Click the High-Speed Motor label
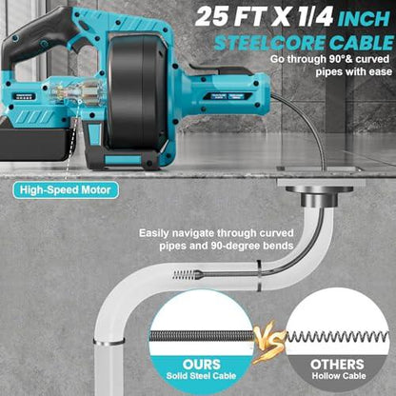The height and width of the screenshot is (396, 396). tap(66, 190)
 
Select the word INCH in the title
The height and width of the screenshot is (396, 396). tap(364, 18)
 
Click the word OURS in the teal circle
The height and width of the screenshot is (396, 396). tap(202, 365)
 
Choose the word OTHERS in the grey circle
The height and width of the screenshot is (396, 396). tap(337, 365)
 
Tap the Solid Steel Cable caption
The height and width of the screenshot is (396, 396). tap(201, 376)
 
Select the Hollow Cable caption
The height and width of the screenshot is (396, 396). tap(339, 376)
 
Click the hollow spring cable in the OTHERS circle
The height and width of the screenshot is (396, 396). tap(337, 337)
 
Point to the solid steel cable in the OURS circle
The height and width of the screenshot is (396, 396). tap(202, 337)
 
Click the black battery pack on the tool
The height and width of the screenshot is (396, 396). tap(35, 144)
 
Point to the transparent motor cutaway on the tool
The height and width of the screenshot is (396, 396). tap(76, 91)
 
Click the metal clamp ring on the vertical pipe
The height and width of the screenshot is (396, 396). tap(109, 343)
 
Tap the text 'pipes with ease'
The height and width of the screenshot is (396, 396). tap(353, 71)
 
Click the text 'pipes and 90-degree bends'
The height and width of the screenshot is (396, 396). tap(227, 246)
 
